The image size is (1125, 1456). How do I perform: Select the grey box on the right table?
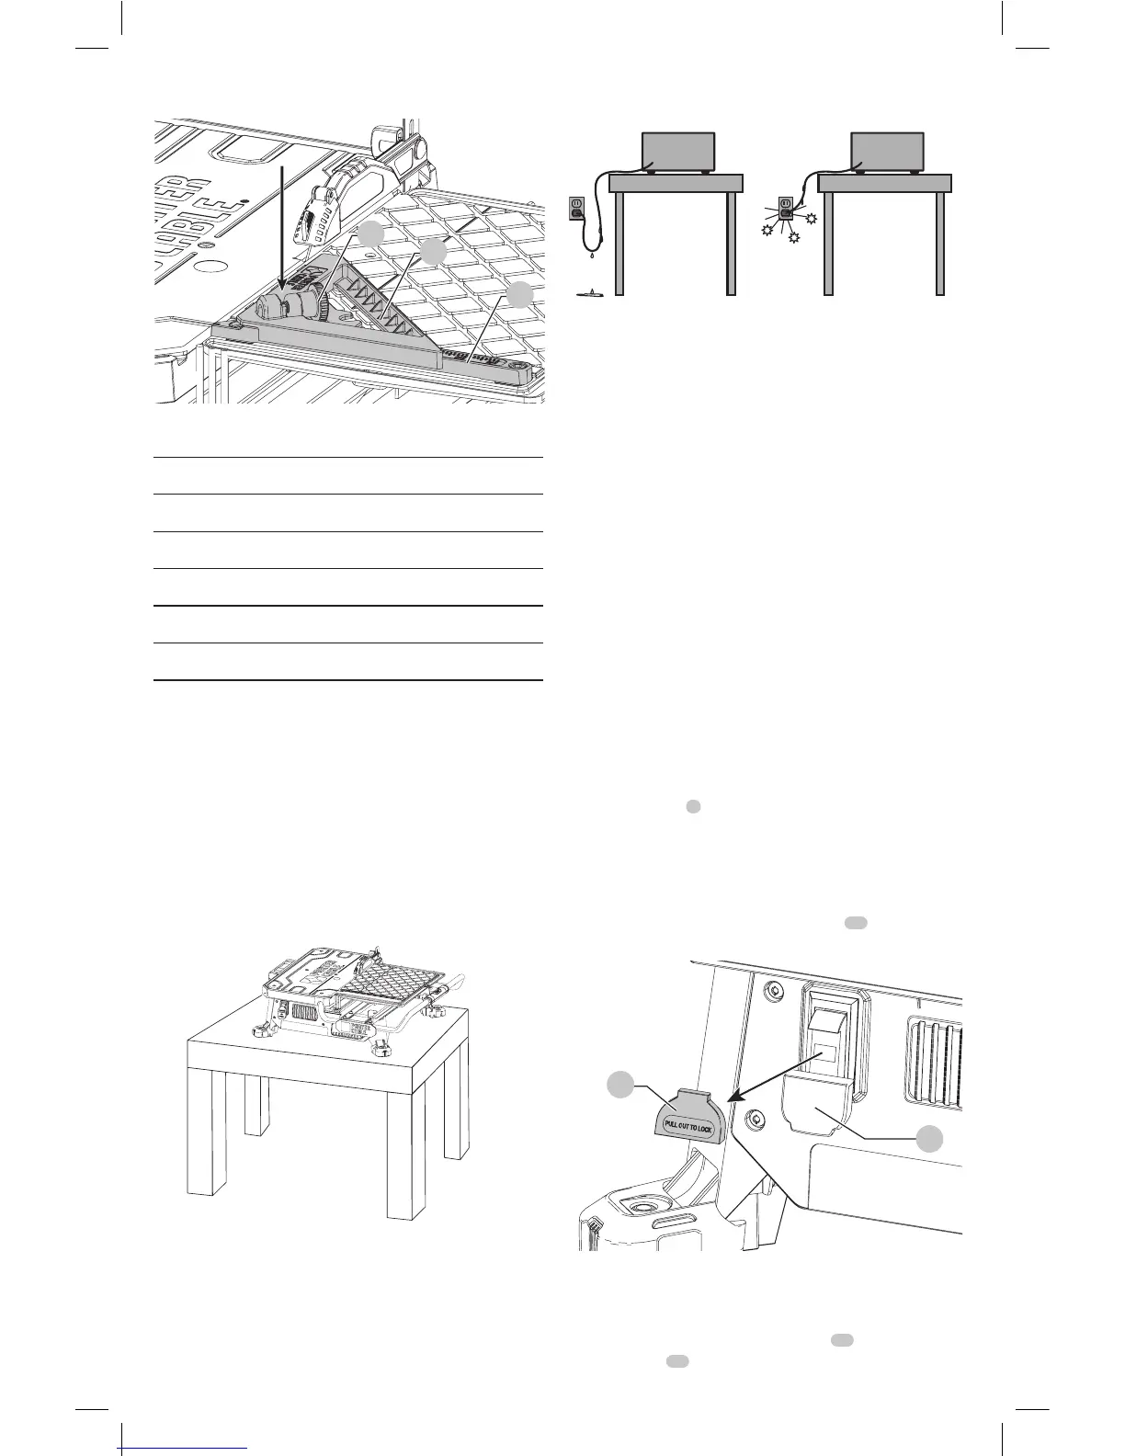pyautogui.click(x=887, y=150)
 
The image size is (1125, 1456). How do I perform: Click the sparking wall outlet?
pyautogui.click(x=787, y=207)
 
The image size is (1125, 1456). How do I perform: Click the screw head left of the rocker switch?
pyautogui.click(x=772, y=991)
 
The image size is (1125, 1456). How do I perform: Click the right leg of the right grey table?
pyautogui.click(x=940, y=244)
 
